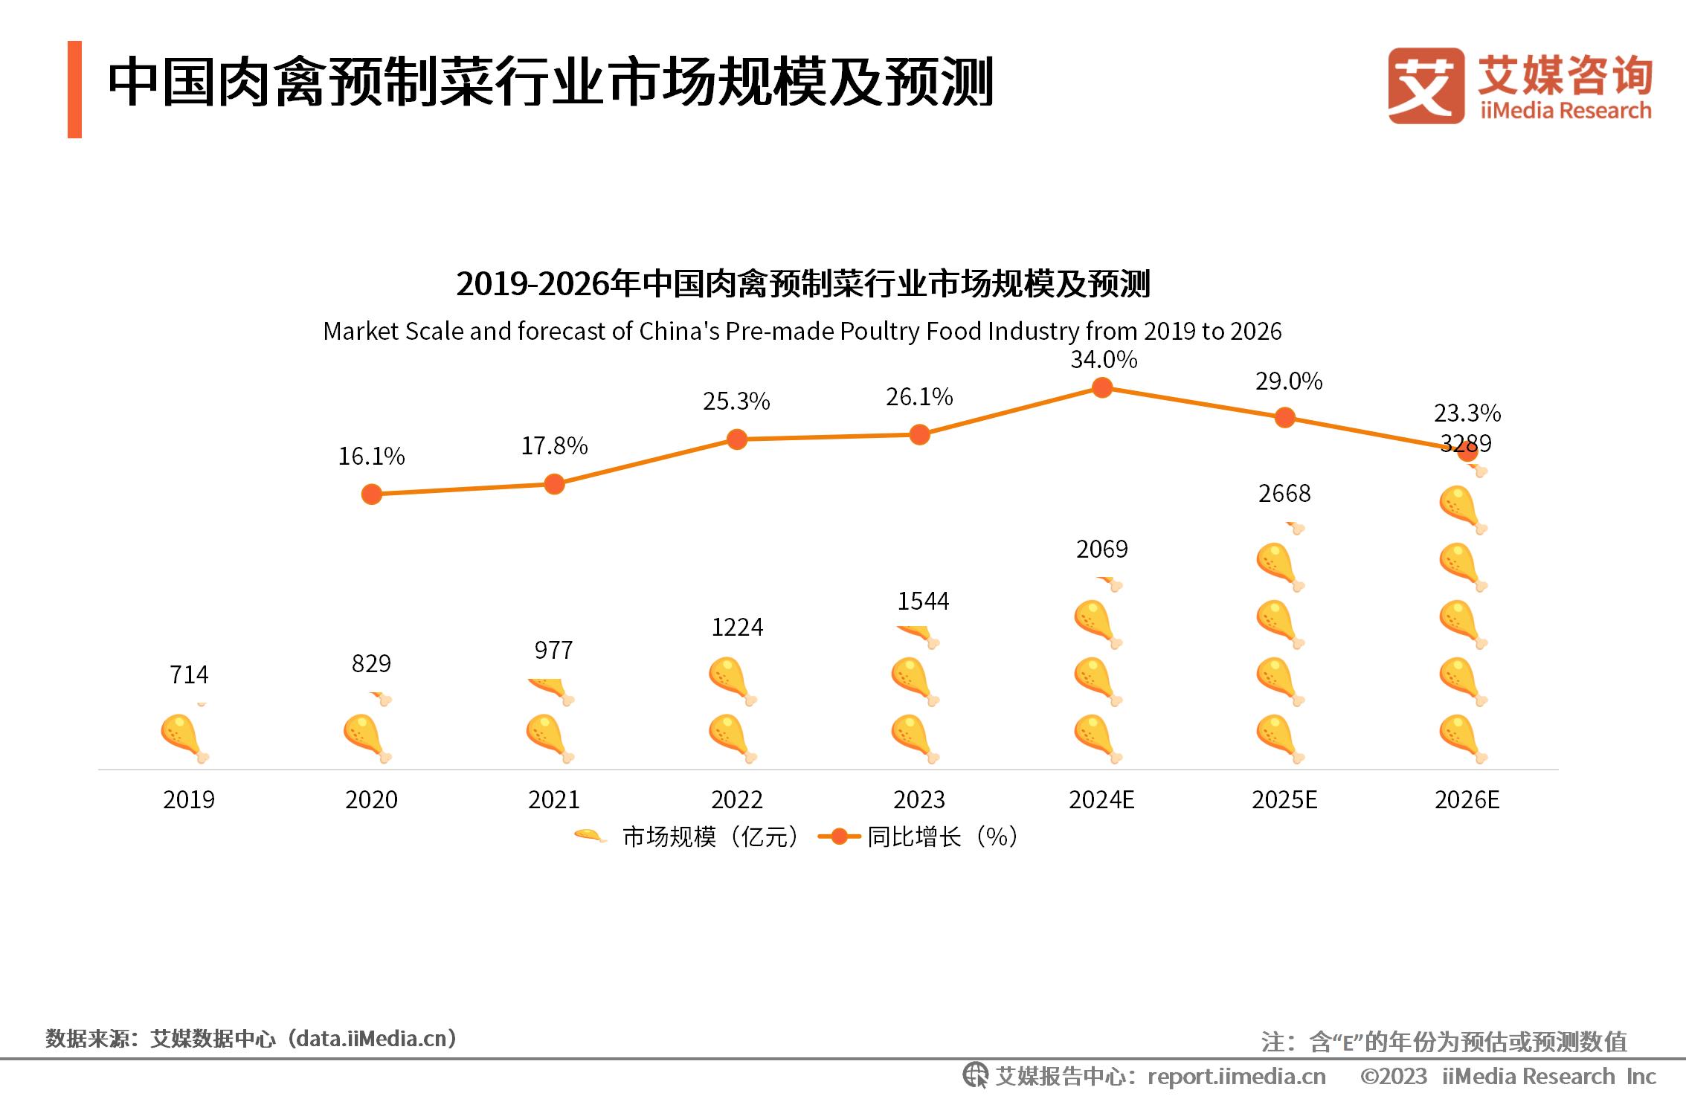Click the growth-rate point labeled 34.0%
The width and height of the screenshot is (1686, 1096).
point(1101,387)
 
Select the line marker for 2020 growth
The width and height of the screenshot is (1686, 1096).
point(371,494)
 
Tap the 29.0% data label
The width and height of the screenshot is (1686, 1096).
point(1288,381)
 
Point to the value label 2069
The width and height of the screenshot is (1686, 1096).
point(1101,549)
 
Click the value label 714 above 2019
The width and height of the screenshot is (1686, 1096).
point(189,674)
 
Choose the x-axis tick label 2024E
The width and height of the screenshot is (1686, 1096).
point(1101,800)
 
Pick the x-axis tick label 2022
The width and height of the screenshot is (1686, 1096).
point(736,800)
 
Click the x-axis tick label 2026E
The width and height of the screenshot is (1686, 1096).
point(1467,800)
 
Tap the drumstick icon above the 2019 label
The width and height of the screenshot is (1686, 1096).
point(184,738)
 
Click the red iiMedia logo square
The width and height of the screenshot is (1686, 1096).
point(1426,86)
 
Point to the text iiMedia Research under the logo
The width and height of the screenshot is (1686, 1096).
point(1565,111)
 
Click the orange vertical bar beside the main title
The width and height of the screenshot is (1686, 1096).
point(74,89)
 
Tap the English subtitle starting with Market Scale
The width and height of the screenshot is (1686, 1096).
point(802,331)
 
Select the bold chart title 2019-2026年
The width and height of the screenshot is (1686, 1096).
point(802,284)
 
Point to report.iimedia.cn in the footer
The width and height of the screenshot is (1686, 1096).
point(1236,1076)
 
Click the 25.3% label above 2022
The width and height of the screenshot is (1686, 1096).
point(736,402)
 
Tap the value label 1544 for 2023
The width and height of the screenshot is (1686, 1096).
point(922,601)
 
